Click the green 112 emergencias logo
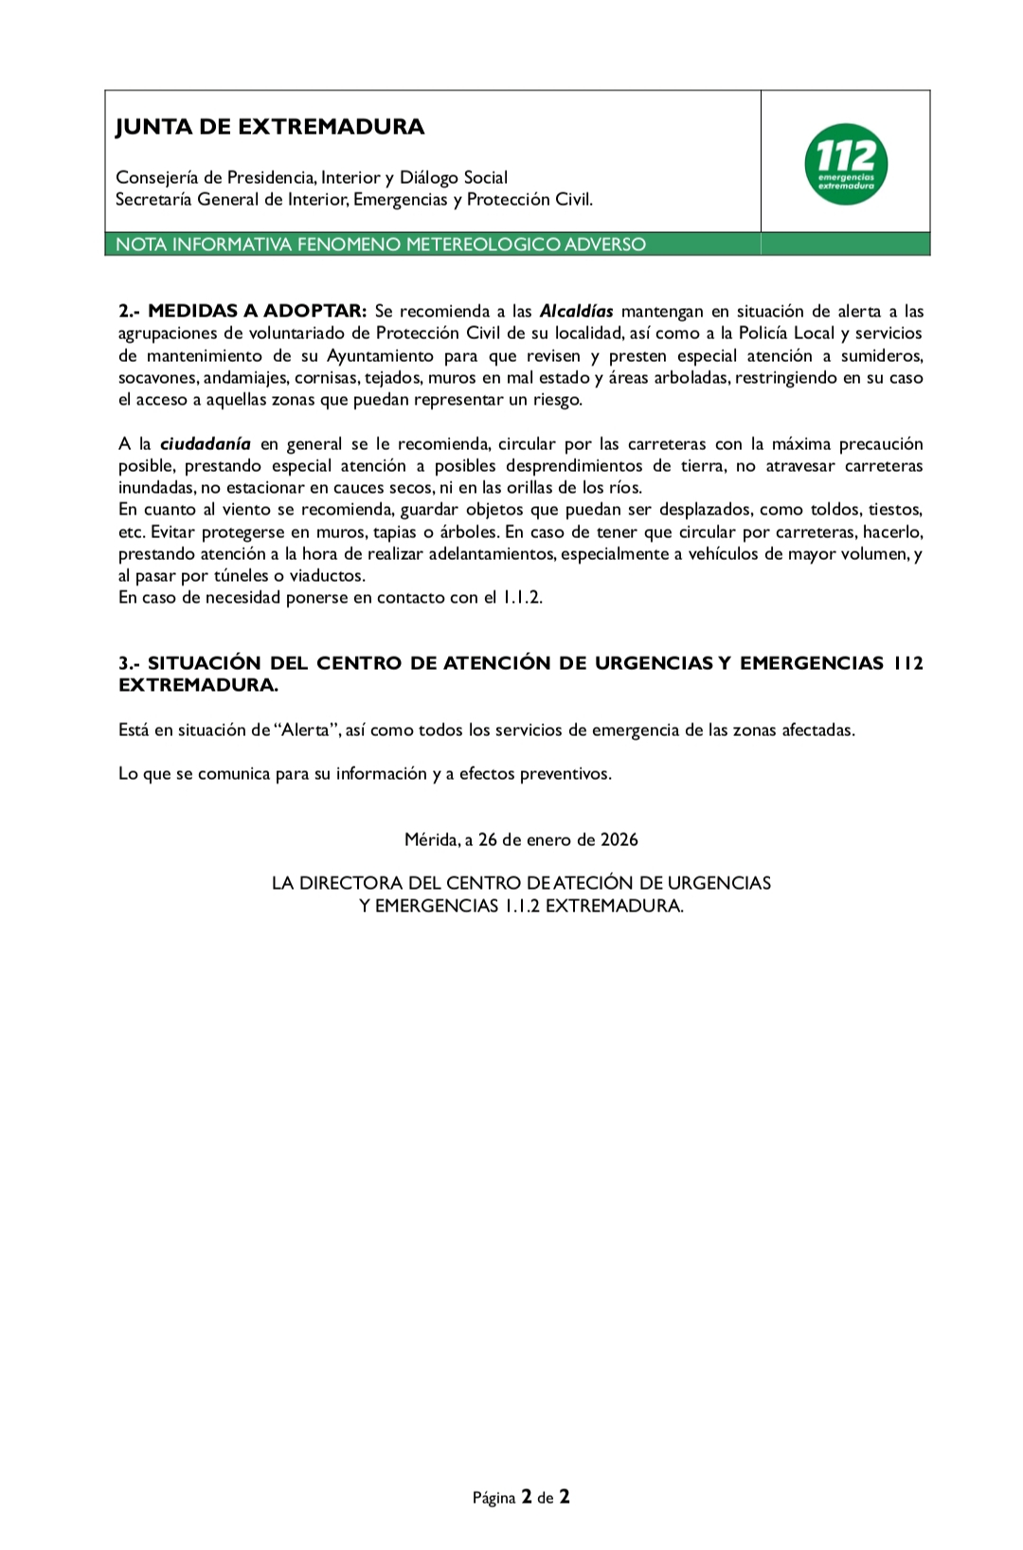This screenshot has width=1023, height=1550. (x=846, y=164)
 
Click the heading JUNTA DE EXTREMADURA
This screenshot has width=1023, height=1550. (x=270, y=127)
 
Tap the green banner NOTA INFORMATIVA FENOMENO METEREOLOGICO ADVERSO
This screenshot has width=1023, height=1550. (x=381, y=244)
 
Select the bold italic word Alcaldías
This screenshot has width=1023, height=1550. (x=576, y=311)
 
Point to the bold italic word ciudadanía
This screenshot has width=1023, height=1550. (x=206, y=443)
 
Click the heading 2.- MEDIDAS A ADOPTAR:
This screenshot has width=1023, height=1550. (x=242, y=311)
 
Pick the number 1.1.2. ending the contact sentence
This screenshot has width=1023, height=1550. (x=522, y=597)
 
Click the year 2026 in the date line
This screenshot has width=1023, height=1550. (x=619, y=839)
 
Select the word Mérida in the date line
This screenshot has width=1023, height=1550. (x=430, y=839)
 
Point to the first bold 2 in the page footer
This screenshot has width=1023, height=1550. (x=526, y=1497)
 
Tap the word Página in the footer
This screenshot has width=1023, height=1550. (x=494, y=1498)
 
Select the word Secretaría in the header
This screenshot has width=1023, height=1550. (x=154, y=199)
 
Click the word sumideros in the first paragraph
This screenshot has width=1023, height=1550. (x=881, y=355)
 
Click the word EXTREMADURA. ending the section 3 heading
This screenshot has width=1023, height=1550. (x=198, y=685)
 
